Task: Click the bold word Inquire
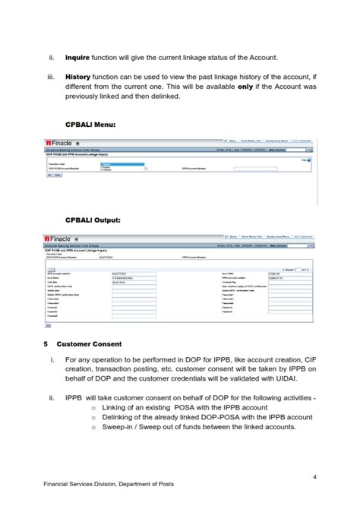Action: tap(77, 57)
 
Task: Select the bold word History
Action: tap(77, 77)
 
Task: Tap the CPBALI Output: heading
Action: tap(93, 219)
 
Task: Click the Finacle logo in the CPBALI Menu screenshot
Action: tap(60, 143)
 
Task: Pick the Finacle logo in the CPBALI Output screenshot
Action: tap(60, 238)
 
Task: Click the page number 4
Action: tap(314, 476)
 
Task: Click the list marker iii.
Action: tap(51, 77)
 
